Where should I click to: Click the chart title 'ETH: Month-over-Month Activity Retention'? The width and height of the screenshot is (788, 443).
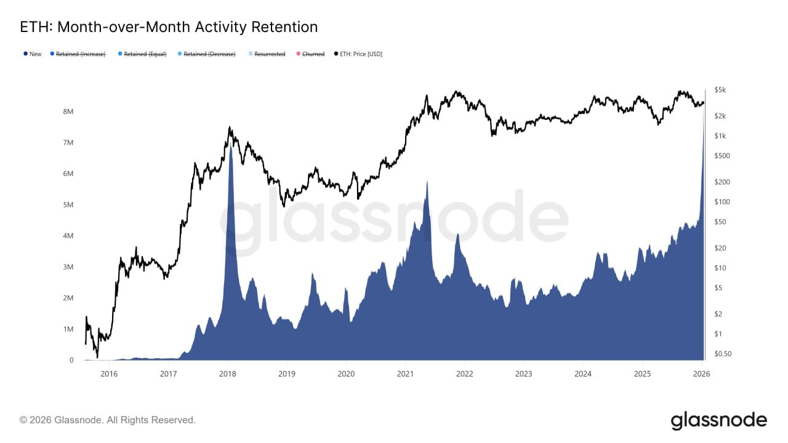(x=169, y=27)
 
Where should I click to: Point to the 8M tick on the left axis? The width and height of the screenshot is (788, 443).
(x=68, y=112)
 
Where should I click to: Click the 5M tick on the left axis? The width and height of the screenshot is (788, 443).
(x=68, y=205)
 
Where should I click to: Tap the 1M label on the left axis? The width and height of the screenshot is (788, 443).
(x=68, y=329)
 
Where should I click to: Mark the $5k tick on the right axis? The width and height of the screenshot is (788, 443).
(x=720, y=90)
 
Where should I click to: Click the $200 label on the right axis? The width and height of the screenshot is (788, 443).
(x=721, y=182)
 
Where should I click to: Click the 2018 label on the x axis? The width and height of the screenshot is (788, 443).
(x=228, y=373)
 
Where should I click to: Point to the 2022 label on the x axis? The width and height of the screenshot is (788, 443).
(x=464, y=373)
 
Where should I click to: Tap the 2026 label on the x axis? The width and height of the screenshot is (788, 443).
(x=701, y=373)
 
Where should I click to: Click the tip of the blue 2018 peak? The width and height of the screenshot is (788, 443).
(x=230, y=145)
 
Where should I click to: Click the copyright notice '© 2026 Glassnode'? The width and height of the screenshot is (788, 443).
(x=108, y=420)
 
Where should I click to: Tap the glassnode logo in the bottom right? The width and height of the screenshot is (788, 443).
(x=718, y=421)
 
